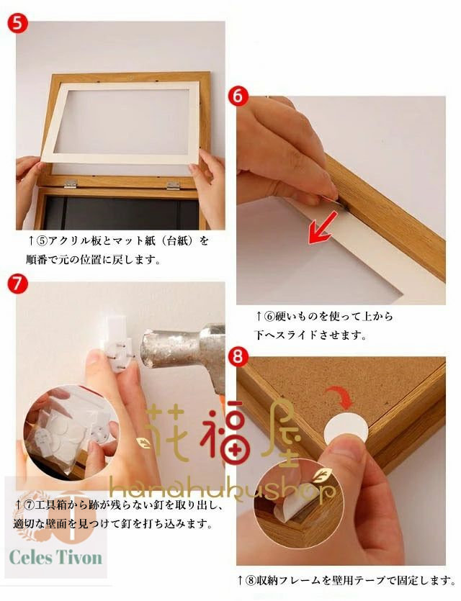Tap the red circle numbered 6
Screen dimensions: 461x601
click(238, 96)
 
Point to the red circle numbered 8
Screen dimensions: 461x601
click(238, 356)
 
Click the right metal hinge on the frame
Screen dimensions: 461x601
click(174, 186)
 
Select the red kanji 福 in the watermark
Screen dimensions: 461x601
click(225, 433)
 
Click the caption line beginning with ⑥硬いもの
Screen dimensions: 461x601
click(324, 317)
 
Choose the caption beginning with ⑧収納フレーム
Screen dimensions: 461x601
click(346, 580)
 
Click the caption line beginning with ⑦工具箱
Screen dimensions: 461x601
click(119, 505)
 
